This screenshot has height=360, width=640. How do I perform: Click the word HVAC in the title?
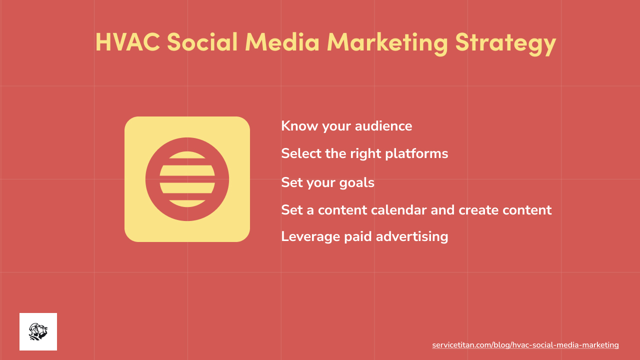coord(127,42)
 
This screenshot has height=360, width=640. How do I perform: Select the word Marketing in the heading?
coord(387,43)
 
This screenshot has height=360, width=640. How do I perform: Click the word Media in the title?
coord(282,42)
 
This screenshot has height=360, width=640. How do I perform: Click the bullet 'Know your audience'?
coord(346,126)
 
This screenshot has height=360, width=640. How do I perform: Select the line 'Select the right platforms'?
coord(364,153)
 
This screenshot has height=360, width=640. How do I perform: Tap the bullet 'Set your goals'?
coord(327,182)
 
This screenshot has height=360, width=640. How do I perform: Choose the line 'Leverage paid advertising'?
coord(364,236)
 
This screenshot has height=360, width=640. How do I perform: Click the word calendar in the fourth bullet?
coord(398,209)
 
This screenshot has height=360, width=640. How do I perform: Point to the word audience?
coord(383,126)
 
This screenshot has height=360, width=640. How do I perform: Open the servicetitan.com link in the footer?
coord(525,345)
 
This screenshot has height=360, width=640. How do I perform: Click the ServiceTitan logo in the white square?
coord(38,331)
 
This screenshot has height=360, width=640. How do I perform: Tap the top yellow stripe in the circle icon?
coord(187,155)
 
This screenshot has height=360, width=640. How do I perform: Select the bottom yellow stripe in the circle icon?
coord(187,203)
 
